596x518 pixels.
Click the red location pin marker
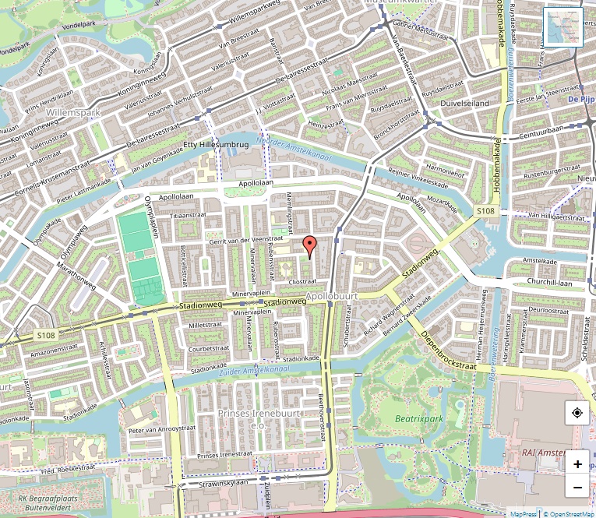point(309,245)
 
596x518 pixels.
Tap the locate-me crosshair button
point(577,412)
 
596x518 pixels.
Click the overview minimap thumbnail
point(562,27)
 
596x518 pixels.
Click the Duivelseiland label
point(464,103)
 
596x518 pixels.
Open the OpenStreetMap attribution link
point(569,513)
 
